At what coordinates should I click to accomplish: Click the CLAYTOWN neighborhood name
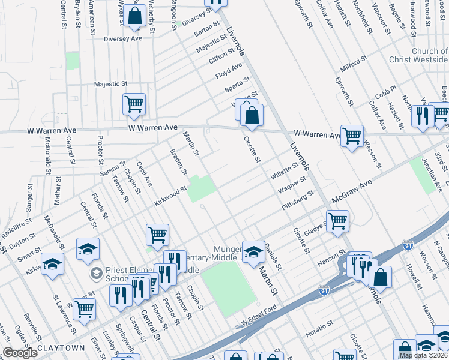(x=61, y=348)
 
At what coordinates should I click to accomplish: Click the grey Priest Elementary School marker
(x=95, y=274)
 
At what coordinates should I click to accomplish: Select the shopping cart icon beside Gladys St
(x=337, y=220)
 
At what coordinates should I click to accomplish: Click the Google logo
(x=20, y=352)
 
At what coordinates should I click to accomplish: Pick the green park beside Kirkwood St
(x=202, y=188)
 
